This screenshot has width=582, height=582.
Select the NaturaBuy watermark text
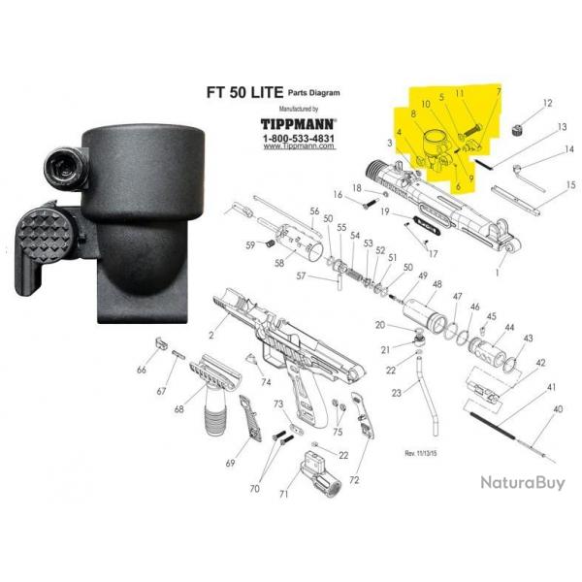coord(521,482)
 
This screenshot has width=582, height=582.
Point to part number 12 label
coord(547,102)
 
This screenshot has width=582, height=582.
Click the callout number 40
coord(558,410)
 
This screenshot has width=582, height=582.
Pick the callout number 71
coord(284,495)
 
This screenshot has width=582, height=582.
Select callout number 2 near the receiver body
coord(210,335)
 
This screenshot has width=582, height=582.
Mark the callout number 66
coord(142,370)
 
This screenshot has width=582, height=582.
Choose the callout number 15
coord(571,184)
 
